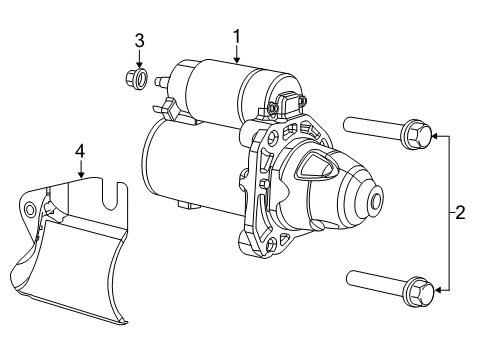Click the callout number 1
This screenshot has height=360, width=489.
[237, 37]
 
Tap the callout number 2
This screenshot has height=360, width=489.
[459, 212]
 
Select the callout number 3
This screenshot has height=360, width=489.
[140, 40]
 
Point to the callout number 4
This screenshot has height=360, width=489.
[79, 151]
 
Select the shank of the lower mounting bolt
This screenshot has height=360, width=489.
[372, 282]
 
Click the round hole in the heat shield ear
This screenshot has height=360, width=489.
[31, 209]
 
